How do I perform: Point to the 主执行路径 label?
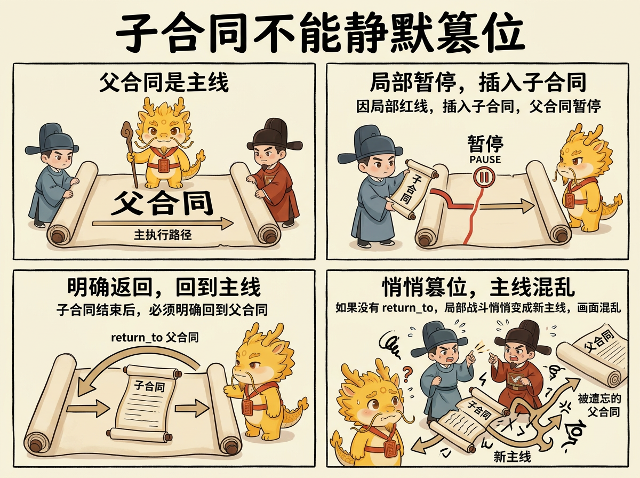157,235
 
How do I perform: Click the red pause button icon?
484,178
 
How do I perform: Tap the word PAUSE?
485,159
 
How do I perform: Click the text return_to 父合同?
155,337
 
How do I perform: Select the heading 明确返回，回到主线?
164,288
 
